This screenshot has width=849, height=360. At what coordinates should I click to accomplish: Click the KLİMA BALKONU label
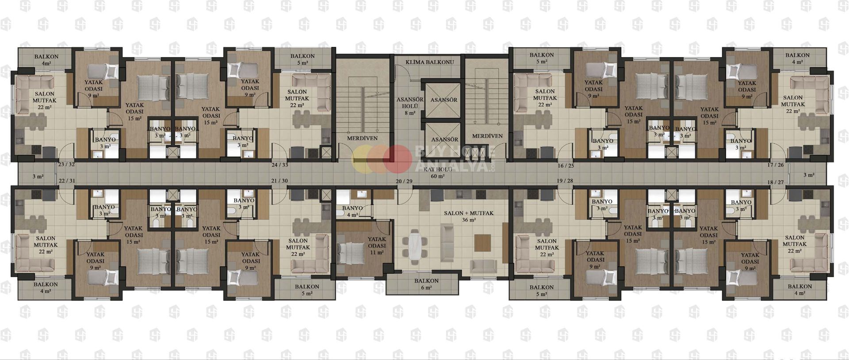[430, 62]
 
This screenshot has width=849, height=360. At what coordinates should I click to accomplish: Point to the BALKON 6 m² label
[426, 284]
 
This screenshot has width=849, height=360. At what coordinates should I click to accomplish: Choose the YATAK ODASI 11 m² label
[377, 246]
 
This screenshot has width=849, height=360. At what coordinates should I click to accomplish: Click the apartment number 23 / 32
[66, 165]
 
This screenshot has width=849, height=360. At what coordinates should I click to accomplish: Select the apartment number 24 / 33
[280, 165]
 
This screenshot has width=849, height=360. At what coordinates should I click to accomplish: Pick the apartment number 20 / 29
[404, 181]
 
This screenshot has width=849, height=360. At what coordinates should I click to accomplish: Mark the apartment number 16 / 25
[566, 166]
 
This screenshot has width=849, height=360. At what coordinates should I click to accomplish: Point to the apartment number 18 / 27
[775, 182]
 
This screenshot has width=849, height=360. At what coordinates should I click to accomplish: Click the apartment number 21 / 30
[279, 181]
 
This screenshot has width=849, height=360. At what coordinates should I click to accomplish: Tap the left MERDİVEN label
[362, 138]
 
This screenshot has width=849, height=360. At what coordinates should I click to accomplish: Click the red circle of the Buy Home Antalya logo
[394, 158]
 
